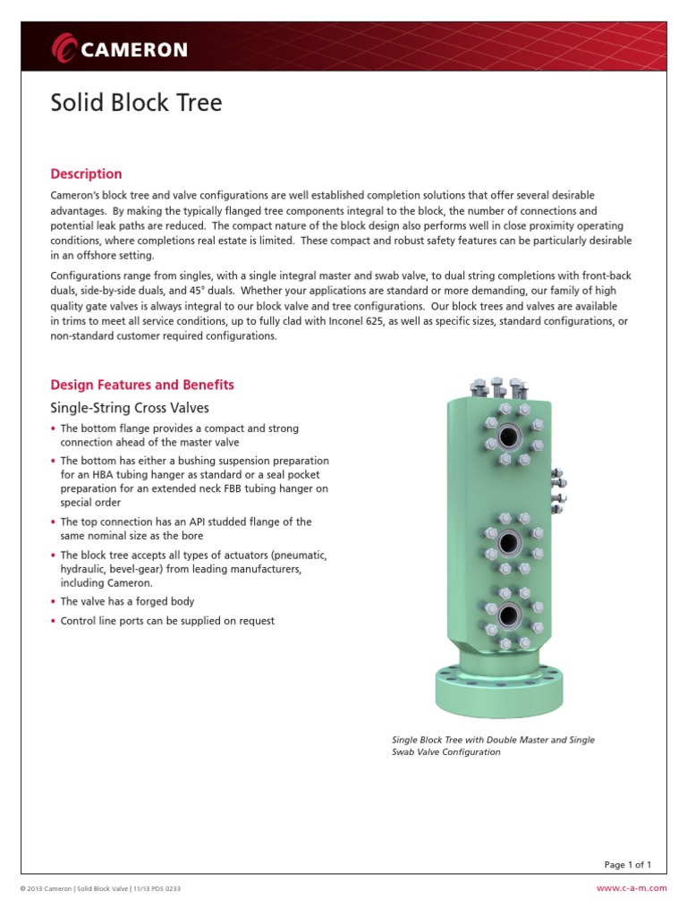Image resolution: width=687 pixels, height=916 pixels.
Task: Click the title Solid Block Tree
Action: point(136,103)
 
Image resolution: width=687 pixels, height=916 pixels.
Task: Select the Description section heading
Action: point(86,174)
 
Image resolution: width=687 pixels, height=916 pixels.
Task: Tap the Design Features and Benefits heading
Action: point(142,385)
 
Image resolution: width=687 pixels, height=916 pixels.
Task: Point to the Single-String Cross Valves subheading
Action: point(130,408)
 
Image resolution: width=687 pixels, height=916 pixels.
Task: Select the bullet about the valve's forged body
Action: point(127,602)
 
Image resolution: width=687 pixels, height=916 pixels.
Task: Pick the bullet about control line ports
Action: point(167,621)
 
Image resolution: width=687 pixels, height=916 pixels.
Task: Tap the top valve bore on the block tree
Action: point(510,436)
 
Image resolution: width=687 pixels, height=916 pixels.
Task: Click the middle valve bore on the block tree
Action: point(510,541)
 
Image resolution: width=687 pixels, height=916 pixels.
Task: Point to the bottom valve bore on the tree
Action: point(510,615)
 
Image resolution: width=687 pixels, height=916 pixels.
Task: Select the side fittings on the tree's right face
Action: point(558,492)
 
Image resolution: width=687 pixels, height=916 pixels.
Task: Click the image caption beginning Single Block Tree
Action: point(493,746)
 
